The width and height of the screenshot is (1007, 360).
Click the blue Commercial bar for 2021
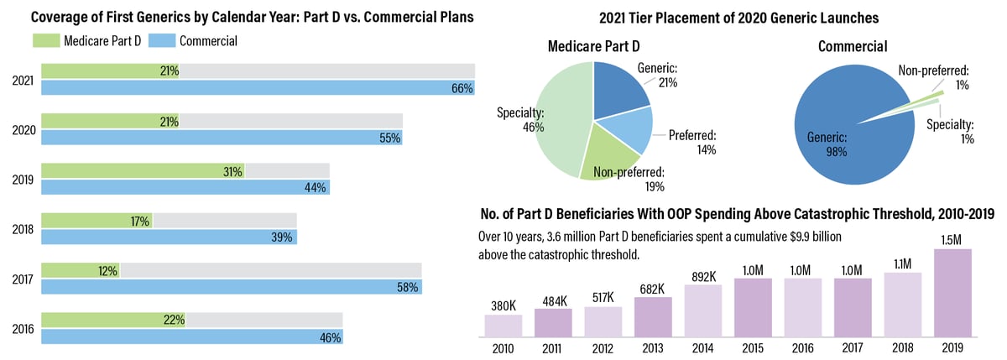[x=252, y=87]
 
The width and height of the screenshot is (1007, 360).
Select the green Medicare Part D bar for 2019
[x=143, y=171]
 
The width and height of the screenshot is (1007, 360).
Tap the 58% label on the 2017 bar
[x=408, y=287]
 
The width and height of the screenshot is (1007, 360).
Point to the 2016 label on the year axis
[x=23, y=329]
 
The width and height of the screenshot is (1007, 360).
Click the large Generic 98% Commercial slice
[x=839, y=126]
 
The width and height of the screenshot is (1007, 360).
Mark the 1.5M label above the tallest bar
[x=952, y=239]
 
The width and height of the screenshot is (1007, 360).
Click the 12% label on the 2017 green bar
[x=107, y=270]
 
